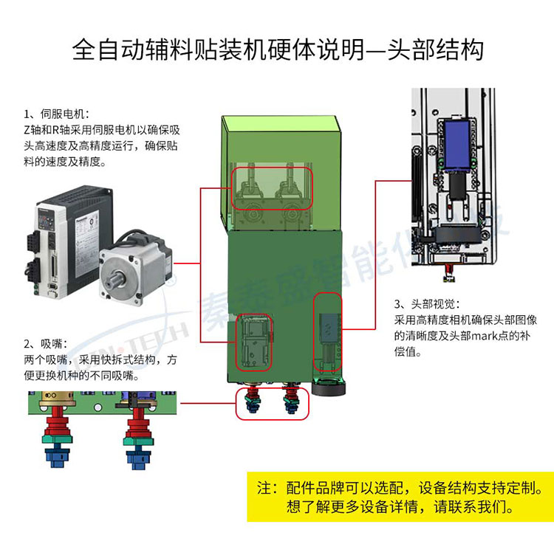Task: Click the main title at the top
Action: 277,49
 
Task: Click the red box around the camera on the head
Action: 328,334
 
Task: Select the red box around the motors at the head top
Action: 273,187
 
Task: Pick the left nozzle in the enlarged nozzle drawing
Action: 55,435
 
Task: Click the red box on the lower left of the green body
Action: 254,343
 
